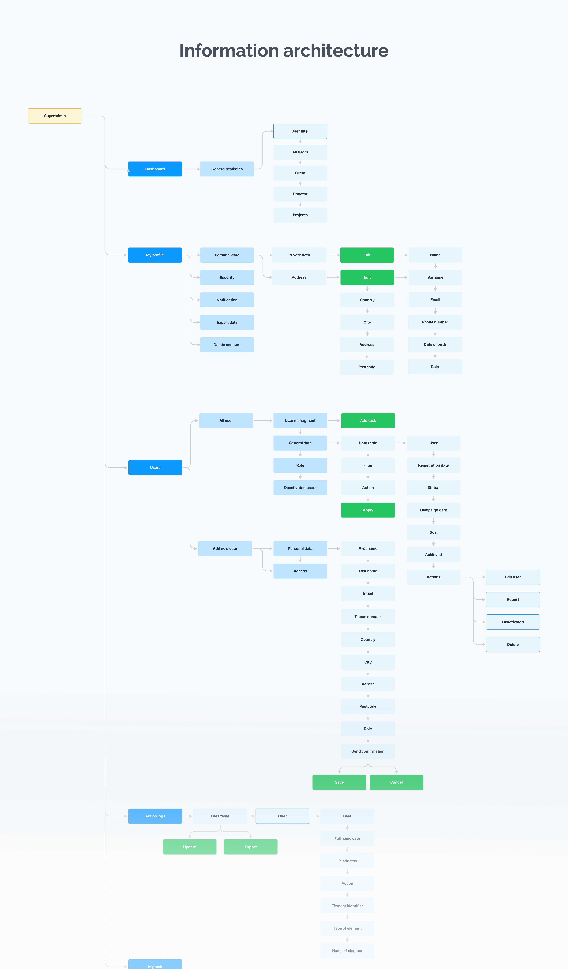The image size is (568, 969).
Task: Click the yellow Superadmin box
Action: tap(55, 116)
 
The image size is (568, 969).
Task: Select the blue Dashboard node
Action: tap(155, 169)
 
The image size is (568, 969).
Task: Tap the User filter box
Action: tap(300, 131)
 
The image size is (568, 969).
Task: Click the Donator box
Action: tap(300, 194)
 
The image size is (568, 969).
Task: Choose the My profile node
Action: tap(155, 255)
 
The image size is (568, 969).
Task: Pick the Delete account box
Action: tap(227, 344)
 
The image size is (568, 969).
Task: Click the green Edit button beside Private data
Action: tap(367, 255)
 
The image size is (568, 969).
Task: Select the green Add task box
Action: tap(368, 421)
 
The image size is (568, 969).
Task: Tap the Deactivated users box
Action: tap(300, 488)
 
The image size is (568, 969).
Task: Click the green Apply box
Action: tap(368, 510)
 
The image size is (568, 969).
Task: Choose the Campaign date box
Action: tap(433, 510)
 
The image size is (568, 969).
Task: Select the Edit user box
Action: tap(513, 577)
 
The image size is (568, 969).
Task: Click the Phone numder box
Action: tap(368, 617)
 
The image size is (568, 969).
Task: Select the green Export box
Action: tap(251, 847)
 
